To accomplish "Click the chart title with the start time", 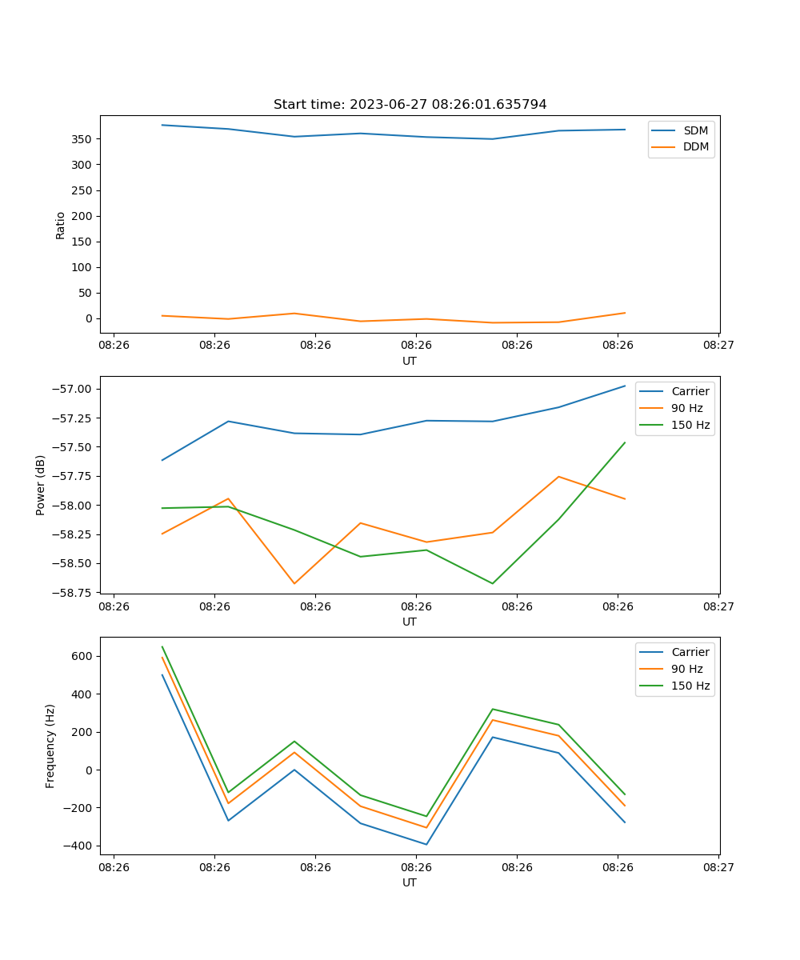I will (x=410, y=105).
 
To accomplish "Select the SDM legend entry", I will (x=695, y=130).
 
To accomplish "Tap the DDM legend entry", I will (x=695, y=146).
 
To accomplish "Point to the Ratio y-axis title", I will (x=61, y=225).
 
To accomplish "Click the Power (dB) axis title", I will (x=41, y=485).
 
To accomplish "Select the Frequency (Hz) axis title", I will (x=50, y=746).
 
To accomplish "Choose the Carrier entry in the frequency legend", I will (x=690, y=652).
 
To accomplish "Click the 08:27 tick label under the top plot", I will (x=718, y=346).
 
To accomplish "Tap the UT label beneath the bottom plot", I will (x=410, y=882).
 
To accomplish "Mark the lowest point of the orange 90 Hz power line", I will (x=294, y=583).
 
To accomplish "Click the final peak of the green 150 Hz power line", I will (x=625, y=442).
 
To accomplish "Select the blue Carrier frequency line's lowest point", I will (x=426, y=844).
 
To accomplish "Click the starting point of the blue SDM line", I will (x=162, y=125).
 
